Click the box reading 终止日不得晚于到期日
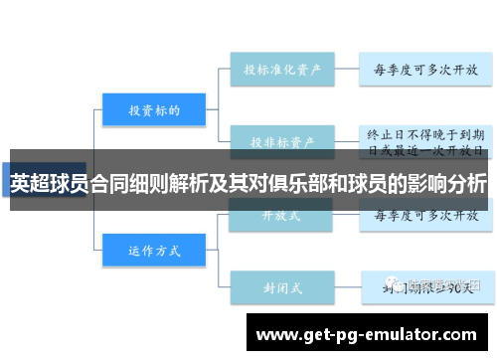point(424,140)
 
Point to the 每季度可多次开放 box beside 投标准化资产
point(424,71)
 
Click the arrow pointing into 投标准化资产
point(223,71)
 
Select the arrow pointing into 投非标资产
point(223,140)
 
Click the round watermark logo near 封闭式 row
point(399,285)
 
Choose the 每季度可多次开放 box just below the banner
point(424,214)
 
